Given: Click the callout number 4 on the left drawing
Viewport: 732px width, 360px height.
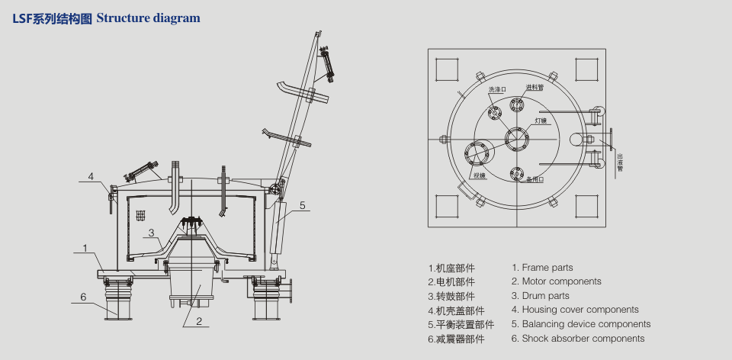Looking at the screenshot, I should pyautogui.click(x=90, y=176).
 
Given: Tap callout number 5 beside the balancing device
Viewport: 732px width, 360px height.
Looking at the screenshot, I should pyautogui.click(x=302, y=204).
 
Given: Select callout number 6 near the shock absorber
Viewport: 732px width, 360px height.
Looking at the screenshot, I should pyautogui.click(x=84, y=297).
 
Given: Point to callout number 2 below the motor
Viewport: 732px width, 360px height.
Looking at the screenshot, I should pyautogui.click(x=198, y=321).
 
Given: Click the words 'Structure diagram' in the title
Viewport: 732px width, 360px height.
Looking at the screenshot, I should pyautogui.click(x=149, y=18).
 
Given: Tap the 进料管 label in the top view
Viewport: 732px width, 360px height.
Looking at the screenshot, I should pyautogui.click(x=535, y=87).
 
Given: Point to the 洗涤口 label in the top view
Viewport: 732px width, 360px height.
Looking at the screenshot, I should pyautogui.click(x=497, y=90).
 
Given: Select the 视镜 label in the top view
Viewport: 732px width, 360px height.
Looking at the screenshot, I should pyautogui.click(x=479, y=176).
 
